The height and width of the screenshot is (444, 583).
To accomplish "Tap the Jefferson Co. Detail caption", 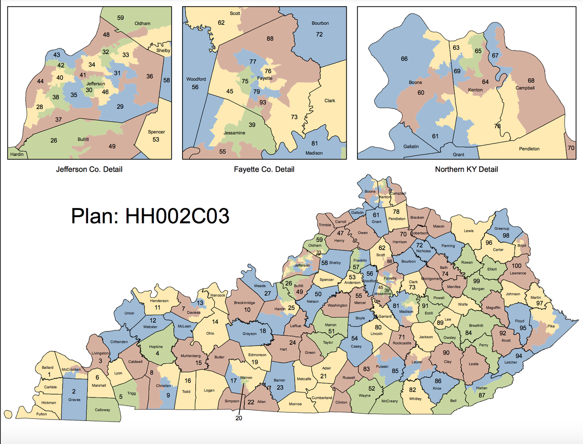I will tap(89, 169).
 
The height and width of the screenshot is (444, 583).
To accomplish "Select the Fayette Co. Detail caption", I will tap(264, 169).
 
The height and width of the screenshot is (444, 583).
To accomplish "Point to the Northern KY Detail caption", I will tap(466, 169).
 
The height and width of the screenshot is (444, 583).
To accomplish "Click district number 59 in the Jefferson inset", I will tap(121, 18).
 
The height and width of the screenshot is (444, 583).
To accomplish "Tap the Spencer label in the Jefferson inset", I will tap(156, 132).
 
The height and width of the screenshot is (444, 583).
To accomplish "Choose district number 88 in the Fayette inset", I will tap(270, 39).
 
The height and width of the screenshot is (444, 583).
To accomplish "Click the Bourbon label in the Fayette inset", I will tap(320, 24).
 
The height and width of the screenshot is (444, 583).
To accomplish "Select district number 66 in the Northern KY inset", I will tap(404, 59).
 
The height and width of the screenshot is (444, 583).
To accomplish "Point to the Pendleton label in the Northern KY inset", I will tap(529, 149).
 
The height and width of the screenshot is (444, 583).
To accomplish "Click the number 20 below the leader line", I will tap(238, 417).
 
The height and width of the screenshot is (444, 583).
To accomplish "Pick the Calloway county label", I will tap(102, 410).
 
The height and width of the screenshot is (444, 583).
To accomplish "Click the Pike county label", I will tap(550, 325).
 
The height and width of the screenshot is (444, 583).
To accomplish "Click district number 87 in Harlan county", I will tap(482, 395).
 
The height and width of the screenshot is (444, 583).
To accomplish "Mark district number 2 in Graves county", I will tap(74, 391).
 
